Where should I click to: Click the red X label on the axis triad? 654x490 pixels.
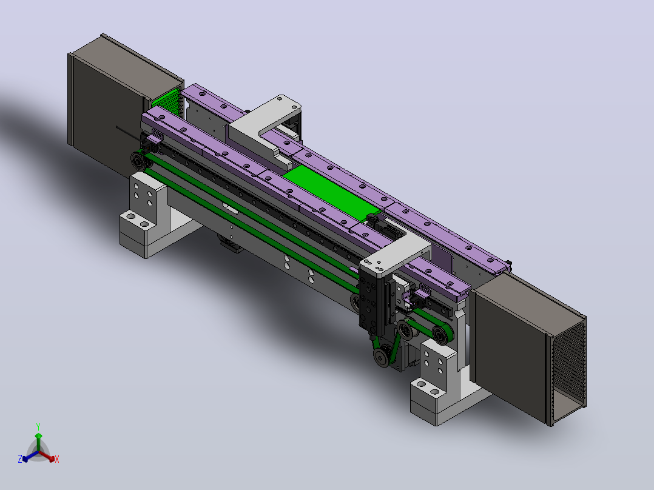57,459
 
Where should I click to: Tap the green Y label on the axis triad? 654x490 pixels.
38,426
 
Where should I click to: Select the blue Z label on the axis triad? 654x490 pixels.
20,458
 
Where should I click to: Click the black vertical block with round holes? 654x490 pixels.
371,300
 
